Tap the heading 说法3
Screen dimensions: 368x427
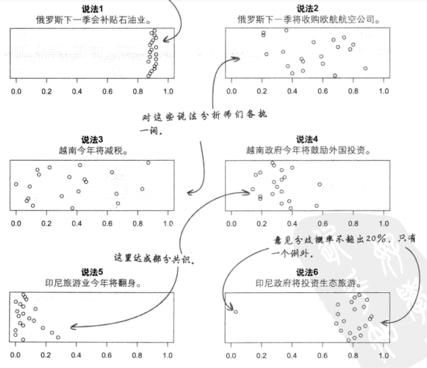[x=93, y=140]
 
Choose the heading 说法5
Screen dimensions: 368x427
[x=93, y=271]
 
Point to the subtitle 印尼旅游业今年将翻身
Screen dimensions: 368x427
[x=93, y=282]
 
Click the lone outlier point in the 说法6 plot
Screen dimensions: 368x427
[x=236, y=311]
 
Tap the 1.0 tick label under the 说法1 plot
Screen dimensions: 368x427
[x=168, y=90]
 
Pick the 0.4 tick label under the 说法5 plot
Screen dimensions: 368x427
[x=77, y=352]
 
